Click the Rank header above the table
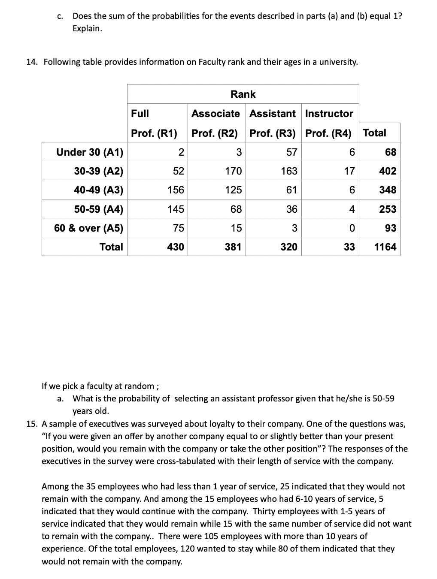pos(243,94)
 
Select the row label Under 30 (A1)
pos(90,152)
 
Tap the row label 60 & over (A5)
pos(88,228)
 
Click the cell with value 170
pos(233,171)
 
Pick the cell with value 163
pos(288,171)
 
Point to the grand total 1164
pos(385,247)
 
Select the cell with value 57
pos(291,152)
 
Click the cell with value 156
pos(176,190)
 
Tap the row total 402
pos(388,171)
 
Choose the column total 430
pos(176,247)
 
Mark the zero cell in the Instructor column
pos(352,228)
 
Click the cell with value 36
pos(291,209)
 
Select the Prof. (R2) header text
pos(215,133)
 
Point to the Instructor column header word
pos(329,114)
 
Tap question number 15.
pos(32,424)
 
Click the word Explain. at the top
pos(88,29)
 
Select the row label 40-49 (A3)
pos(98,190)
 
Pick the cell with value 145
pos(176,209)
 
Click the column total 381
pos(233,247)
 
